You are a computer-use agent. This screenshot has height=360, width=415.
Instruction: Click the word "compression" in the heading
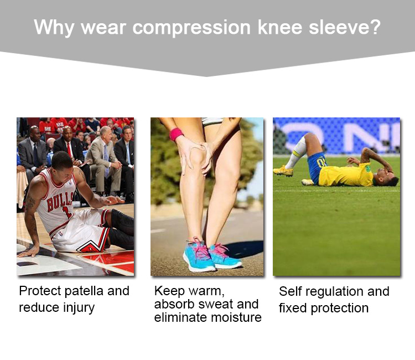coord(191,28)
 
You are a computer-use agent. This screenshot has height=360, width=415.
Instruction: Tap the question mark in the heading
coord(375,27)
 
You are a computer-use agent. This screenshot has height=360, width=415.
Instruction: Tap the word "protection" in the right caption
coord(340,308)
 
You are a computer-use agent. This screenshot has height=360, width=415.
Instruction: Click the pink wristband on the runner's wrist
coord(177,134)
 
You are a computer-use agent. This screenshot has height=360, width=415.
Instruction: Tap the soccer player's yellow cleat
coord(283,171)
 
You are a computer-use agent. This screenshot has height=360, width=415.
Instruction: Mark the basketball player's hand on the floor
coord(28,251)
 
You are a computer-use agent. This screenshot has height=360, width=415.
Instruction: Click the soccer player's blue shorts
coord(317,167)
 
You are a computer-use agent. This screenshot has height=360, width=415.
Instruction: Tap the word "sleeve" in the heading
coord(338,27)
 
